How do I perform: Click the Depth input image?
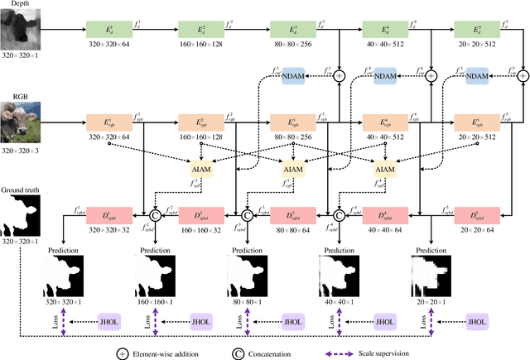[20, 31]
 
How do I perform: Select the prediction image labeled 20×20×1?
[430, 274]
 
